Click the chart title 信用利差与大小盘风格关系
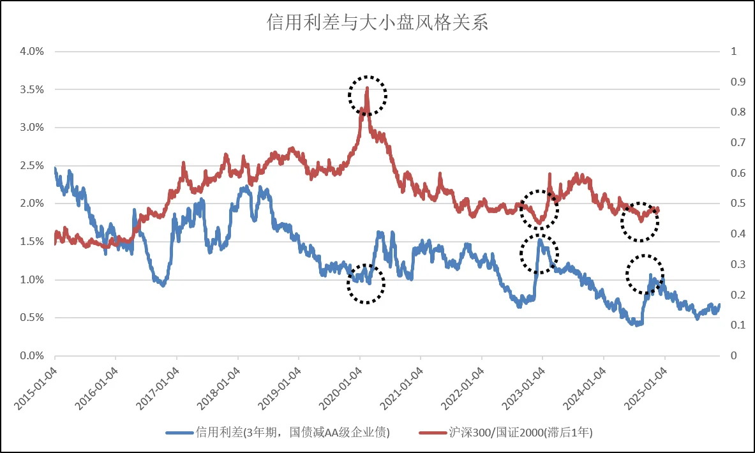pos(377,24)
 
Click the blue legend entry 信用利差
pos(278,433)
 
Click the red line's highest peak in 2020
pos(368,88)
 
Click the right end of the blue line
pos(719,305)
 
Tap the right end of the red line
pos(658,210)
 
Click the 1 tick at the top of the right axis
pos(733,51)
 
